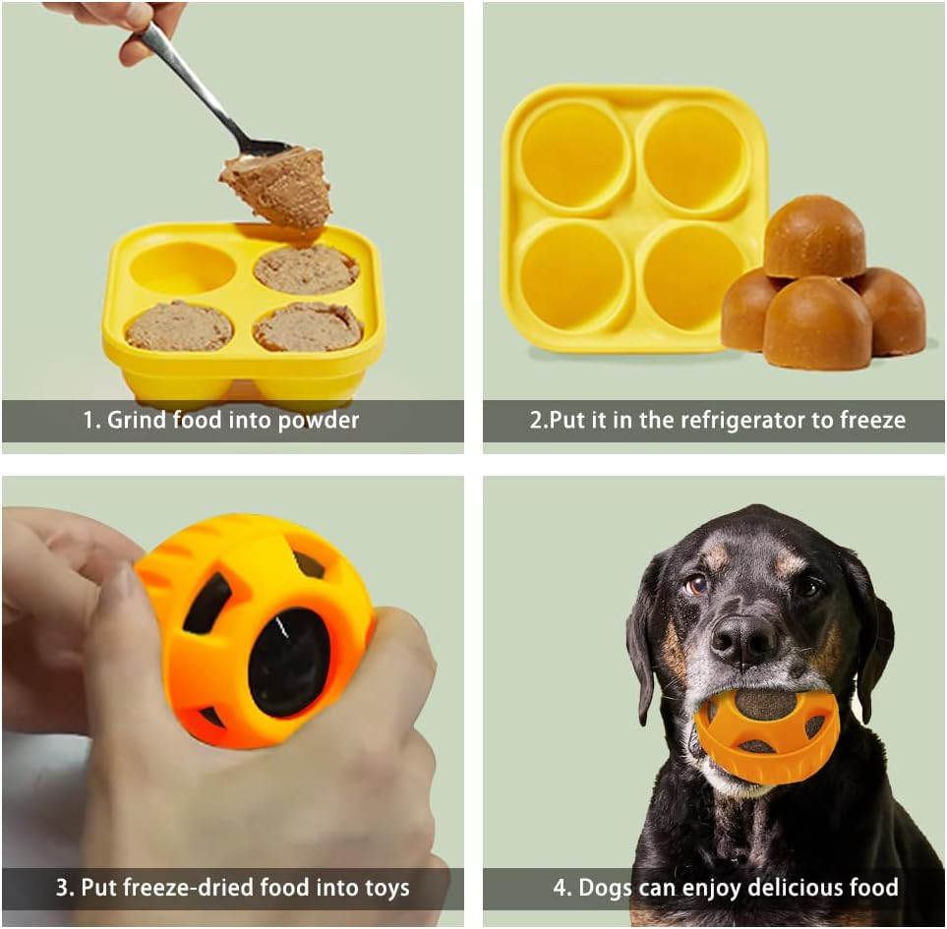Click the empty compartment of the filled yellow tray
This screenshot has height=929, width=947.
(183, 268)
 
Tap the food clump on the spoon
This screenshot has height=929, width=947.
(278, 187)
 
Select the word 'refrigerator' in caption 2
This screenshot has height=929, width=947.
(729, 421)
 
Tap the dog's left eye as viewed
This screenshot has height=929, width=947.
(696, 584)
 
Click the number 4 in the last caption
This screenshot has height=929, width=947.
(560, 888)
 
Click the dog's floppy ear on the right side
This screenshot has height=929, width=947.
(869, 639)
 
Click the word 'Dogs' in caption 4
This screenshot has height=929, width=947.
(605, 888)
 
